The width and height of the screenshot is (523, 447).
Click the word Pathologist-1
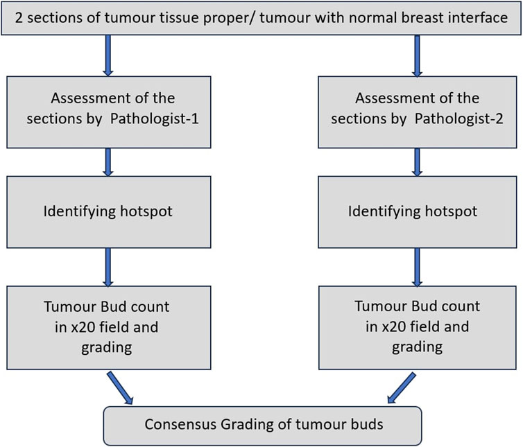pos(155,119)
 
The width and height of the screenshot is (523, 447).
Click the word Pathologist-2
pos(459,119)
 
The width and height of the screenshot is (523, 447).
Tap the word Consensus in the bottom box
pos(180,424)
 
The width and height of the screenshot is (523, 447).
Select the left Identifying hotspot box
pos(109,212)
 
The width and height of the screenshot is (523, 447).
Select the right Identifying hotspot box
pos(418,212)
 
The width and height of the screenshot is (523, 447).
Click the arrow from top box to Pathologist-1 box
pos(108,55)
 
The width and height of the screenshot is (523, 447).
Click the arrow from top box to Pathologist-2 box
pos(417,55)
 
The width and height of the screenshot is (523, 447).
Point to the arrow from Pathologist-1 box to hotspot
pos(108,162)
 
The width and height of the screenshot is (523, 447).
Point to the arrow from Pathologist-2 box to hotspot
pos(417,162)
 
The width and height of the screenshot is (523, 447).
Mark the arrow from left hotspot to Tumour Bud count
pos(108,267)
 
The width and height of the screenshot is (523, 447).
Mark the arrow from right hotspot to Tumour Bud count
pos(417,267)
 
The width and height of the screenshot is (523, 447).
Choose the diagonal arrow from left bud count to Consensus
pos(120,388)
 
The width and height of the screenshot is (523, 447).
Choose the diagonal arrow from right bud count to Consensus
pos(402,388)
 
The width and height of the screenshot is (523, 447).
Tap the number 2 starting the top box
pos(19,17)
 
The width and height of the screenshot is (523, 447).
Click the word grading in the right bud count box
pos(418,348)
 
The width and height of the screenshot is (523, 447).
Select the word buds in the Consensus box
pos(368,424)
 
